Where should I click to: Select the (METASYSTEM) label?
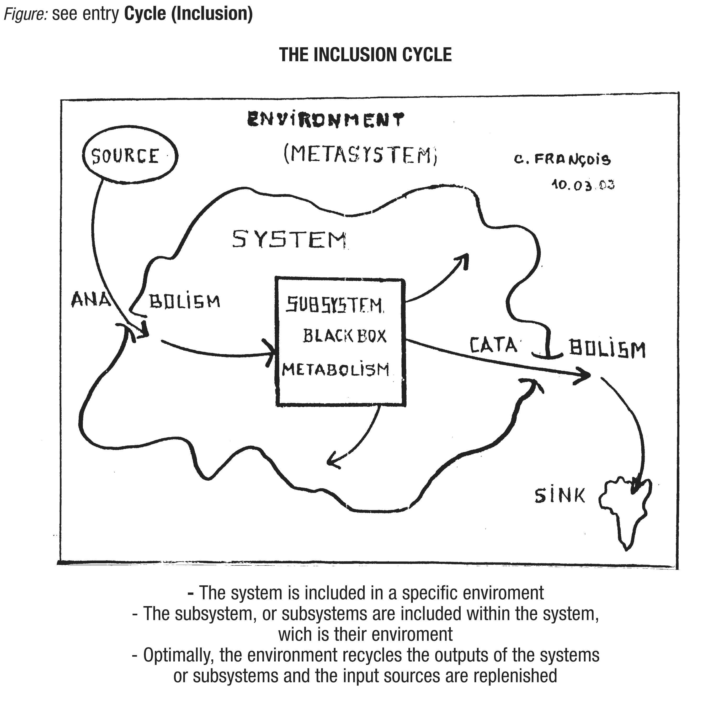[360, 155]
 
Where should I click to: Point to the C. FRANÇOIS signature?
[562, 159]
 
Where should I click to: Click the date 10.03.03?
[583, 185]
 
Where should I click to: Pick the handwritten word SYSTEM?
[289, 239]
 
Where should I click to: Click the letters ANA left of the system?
[91, 300]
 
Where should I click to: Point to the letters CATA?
[493, 345]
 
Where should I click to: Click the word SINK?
[560, 496]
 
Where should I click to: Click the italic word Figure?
[25, 14]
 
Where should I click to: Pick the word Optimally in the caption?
[178, 655]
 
